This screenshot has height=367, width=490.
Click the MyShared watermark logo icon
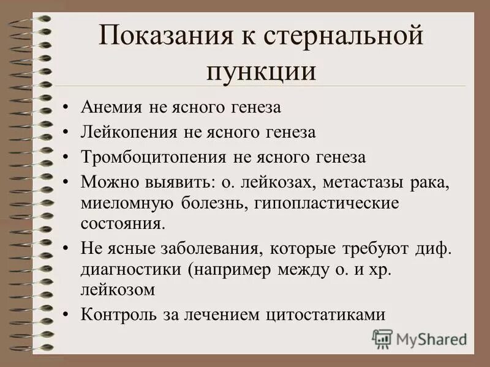click(x=382, y=338)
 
